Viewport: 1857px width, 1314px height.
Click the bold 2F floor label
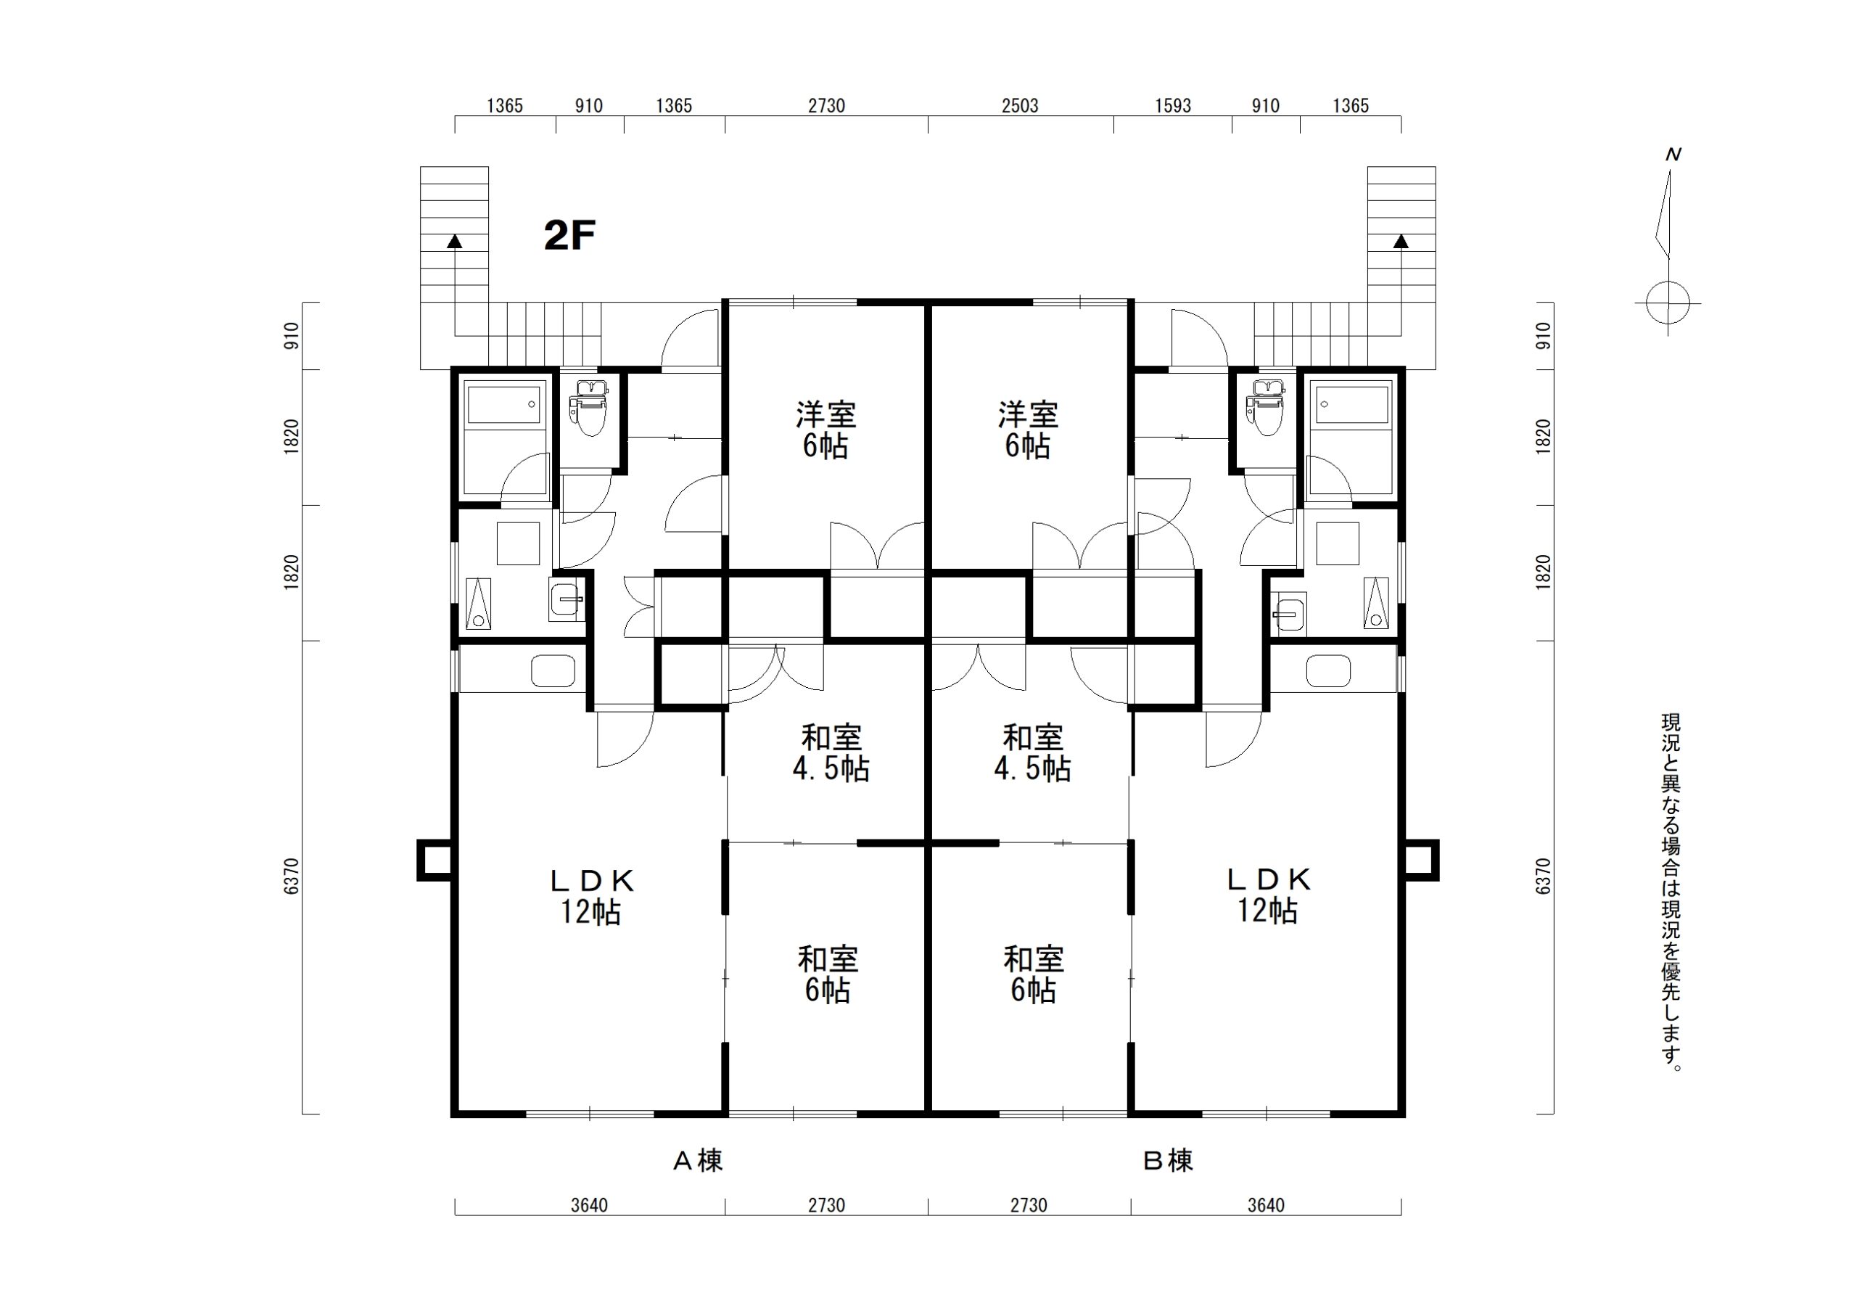pyautogui.click(x=569, y=236)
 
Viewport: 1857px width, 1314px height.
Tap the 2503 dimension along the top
pyautogui.click(x=1019, y=106)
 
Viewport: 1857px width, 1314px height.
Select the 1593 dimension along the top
pyautogui.click(x=1173, y=106)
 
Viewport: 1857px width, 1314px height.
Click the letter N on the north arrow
pyautogui.click(x=1673, y=155)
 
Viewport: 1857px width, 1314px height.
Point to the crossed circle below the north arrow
pyautogui.click(x=1668, y=304)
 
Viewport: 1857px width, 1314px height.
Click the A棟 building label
pyautogui.click(x=698, y=1161)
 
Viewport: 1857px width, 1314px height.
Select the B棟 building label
pyautogui.click(x=1168, y=1161)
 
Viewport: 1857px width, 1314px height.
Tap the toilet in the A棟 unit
pyautogui.click(x=590, y=408)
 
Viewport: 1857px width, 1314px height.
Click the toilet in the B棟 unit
pyautogui.click(x=1266, y=408)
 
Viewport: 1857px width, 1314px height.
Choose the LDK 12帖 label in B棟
pyautogui.click(x=1267, y=895)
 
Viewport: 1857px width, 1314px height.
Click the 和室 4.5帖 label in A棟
pyautogui.click(x=831, y=753)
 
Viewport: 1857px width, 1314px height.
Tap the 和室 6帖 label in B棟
pyautogui.click(x=1034, y=975)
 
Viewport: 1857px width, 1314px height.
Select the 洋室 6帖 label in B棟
pyautogui.click(x=1028, y=430)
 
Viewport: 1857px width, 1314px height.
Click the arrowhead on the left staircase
pyautogui.click(x=456, y=240)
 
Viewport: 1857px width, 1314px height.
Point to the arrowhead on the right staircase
pyautogui.click(x=1401, y=240)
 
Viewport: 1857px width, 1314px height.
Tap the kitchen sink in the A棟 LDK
pyautogui.click(x=553, y=670)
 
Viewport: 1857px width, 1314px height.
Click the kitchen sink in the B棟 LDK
pyautogui.click(x=1328, y=670)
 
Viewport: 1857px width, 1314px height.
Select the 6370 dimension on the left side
pyautogui.click(x=292, y=876)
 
